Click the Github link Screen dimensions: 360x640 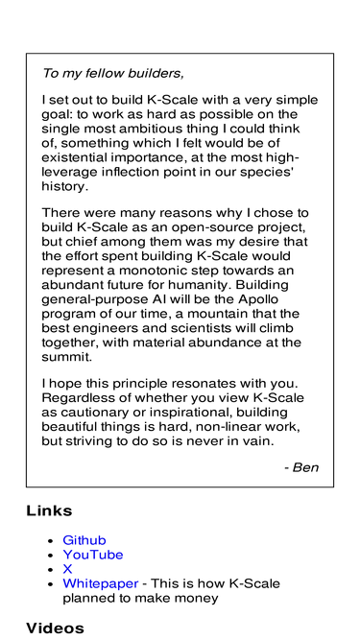click(84, 541)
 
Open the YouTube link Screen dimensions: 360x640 click(92, 556)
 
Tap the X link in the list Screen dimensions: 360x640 click(67, 569)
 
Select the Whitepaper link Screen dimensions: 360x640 click(98, 583)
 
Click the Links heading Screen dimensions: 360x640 click(49, 511)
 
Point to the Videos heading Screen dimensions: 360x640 click(55, 628)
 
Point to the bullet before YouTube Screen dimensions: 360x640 click(50, 556)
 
